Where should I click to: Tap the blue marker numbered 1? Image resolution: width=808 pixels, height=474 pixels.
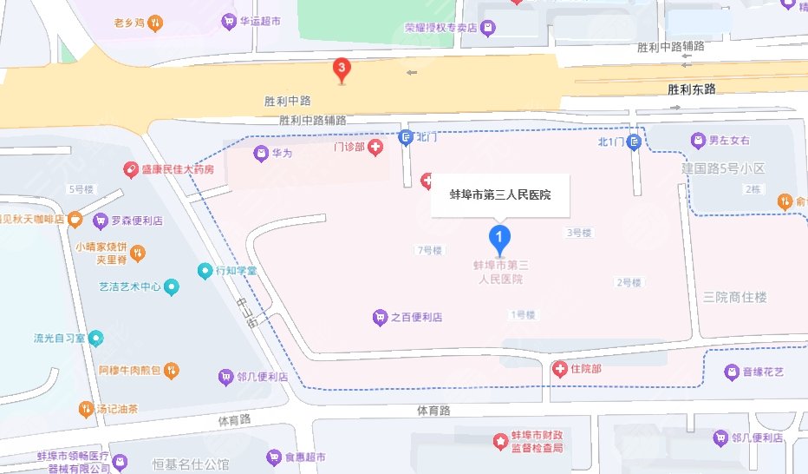498,235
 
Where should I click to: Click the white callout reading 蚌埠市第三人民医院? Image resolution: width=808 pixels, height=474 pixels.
501,195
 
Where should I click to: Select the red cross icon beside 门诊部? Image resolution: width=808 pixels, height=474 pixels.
375,148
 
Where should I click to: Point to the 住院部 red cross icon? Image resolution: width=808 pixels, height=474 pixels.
561,370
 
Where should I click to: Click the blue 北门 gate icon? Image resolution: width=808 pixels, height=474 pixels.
405,137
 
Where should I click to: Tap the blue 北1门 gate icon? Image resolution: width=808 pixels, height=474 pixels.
635,142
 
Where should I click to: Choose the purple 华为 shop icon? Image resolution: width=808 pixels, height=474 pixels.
260,154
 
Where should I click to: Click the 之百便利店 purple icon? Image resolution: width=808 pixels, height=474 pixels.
380,318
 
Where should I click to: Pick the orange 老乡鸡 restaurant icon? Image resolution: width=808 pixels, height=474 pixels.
154,23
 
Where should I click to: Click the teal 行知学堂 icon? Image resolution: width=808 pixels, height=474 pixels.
205,271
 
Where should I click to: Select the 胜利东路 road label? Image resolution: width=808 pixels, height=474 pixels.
692,89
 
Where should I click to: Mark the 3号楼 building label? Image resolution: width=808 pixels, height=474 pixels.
578,233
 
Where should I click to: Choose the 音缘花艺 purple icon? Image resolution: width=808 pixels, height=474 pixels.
731,372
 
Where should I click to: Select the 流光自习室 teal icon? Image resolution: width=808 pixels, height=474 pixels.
95,337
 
